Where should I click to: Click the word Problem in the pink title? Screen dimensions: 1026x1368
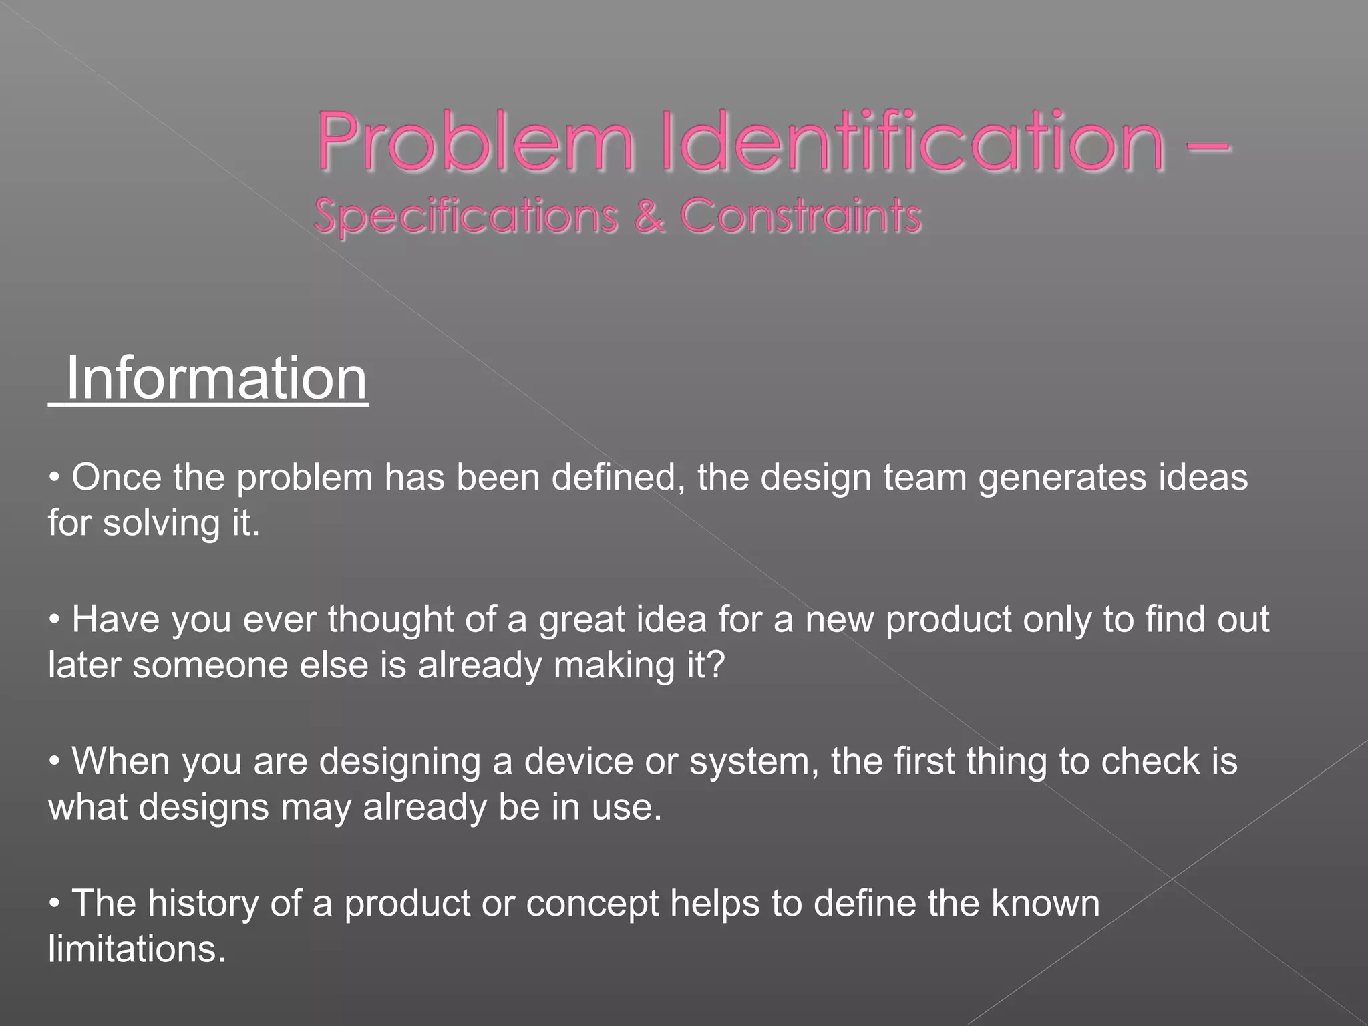click(x=474, y=142)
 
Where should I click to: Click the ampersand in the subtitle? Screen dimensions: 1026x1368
click(x=649, y=216)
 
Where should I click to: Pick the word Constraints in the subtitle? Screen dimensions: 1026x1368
click(x=800, y=216)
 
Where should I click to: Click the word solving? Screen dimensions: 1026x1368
click(x=161, y=523)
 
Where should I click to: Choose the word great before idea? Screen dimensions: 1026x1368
click(x=581, y=619)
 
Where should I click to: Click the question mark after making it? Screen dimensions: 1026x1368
click(x=715, y=665)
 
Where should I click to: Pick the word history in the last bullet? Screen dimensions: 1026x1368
click(x=202, y=904)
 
